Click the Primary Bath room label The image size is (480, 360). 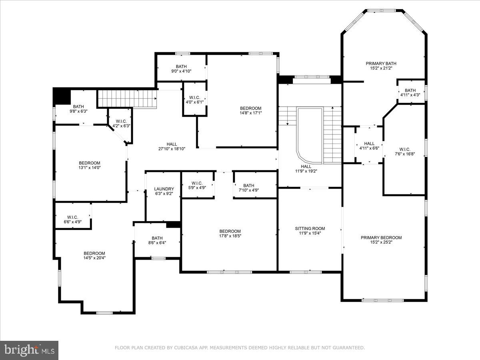click(381, 63)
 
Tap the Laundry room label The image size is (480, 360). click(164, 189)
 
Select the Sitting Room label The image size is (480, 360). click(310, 228)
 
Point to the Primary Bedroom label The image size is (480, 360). click(381, 238)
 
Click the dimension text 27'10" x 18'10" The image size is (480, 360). click(172, 149)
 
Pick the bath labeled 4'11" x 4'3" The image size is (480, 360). click(410, 92)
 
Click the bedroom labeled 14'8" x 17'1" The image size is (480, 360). click(250, 111)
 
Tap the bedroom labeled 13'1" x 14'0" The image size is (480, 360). click(89, 165)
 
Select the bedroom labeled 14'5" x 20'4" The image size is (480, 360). click(94, 255)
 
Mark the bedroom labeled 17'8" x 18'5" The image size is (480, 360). click(230, 233)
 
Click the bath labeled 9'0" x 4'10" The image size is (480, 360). click(181, 69)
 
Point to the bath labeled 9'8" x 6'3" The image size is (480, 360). click(78, 109)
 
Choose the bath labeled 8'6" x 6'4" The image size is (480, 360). click(157, 240)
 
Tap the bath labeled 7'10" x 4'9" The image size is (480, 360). click(248, 188)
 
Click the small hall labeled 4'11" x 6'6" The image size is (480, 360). click(369, 146)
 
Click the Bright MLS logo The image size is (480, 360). click(29, 350)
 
